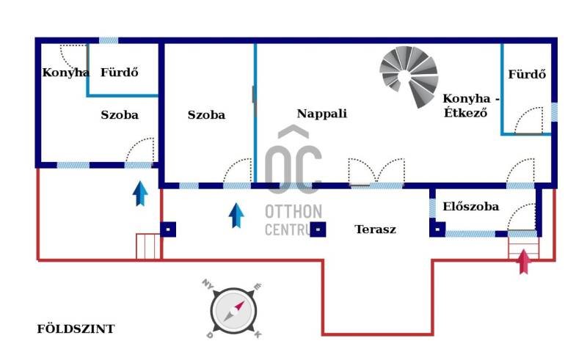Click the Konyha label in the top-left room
tap(65, 73)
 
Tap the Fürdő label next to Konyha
tap(120, 73)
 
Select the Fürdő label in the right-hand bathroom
tap(527, 75)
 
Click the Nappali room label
tap(321, 114)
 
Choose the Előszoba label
tap(470, 207)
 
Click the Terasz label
tap(375, 229)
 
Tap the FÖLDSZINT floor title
tap(76, 329)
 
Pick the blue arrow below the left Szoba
tap(140, 194)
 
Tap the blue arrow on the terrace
tap(236, 215)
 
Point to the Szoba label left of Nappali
tap(206, 115)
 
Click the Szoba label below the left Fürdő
tap(120, 115)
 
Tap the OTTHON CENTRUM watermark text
tap(293, 220)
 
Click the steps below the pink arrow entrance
tap(523, 245)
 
